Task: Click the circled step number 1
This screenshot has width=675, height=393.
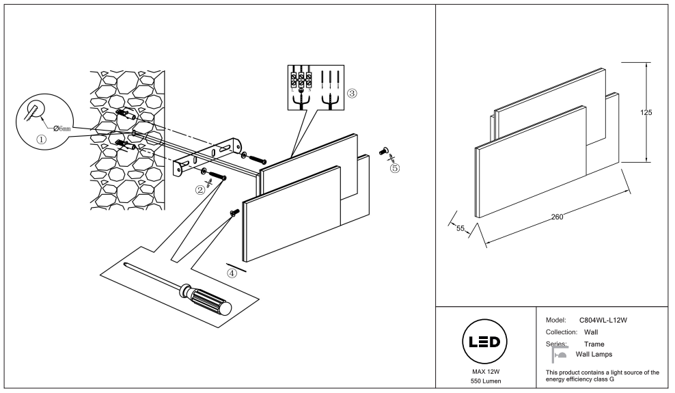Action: [x=41, y=139]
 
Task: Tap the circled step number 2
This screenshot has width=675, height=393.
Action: [x=199, y=190]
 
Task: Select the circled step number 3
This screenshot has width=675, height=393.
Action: [x=352, y=93]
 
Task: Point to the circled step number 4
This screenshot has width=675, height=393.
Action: [x=232, y=273]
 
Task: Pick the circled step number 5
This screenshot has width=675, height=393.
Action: [x=395, y=168]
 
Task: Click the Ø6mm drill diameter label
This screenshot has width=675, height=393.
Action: [x=62, y=128]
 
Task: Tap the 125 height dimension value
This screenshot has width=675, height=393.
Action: [x=646, y=113]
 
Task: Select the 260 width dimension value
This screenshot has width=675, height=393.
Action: [x=557, y=217]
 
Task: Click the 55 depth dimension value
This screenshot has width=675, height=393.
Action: [x=460, y=228]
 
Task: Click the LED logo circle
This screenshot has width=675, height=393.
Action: [x=484, y=342]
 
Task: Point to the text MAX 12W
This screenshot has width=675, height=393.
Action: [x=486, y=372]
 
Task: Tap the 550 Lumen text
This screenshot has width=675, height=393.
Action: [x=486, y=381]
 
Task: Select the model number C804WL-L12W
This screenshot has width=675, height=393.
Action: [x=603, y=321]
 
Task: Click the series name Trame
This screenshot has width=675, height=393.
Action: [x=594, y=344]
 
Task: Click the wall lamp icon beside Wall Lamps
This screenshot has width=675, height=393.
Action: [x=560, y=354]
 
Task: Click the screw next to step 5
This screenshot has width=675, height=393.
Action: [x=384, y=151]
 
